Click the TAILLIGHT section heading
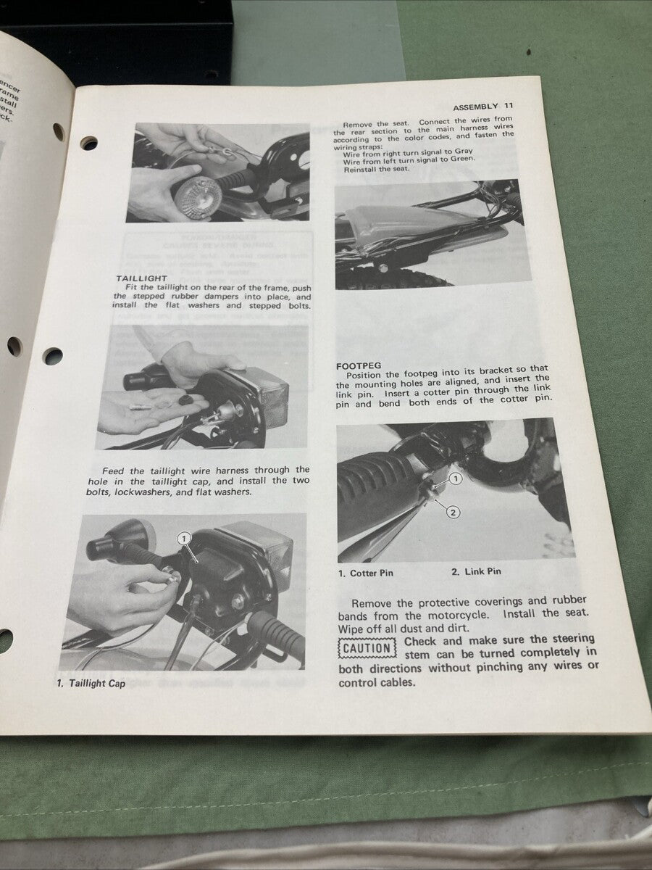(x=141, y=278)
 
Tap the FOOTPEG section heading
(x=359, y=365)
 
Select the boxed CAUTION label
(x=367, y=648)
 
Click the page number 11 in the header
(x=509, y=107)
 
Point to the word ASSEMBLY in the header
(x=475, y=107)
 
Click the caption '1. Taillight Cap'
(x=91, y=683)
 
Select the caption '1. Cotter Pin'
(x=366, y=572)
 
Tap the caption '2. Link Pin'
(x=475, y=571)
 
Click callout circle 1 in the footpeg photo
(x=455, y=478)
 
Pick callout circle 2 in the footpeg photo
(x=453, y=513)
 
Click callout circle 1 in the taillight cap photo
(x=183, y=538)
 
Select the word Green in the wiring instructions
(x=461, y=160)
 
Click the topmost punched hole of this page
(x=89, y=143)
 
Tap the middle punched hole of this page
(x=52, y=356)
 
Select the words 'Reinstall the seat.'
(x=377, y=169)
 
